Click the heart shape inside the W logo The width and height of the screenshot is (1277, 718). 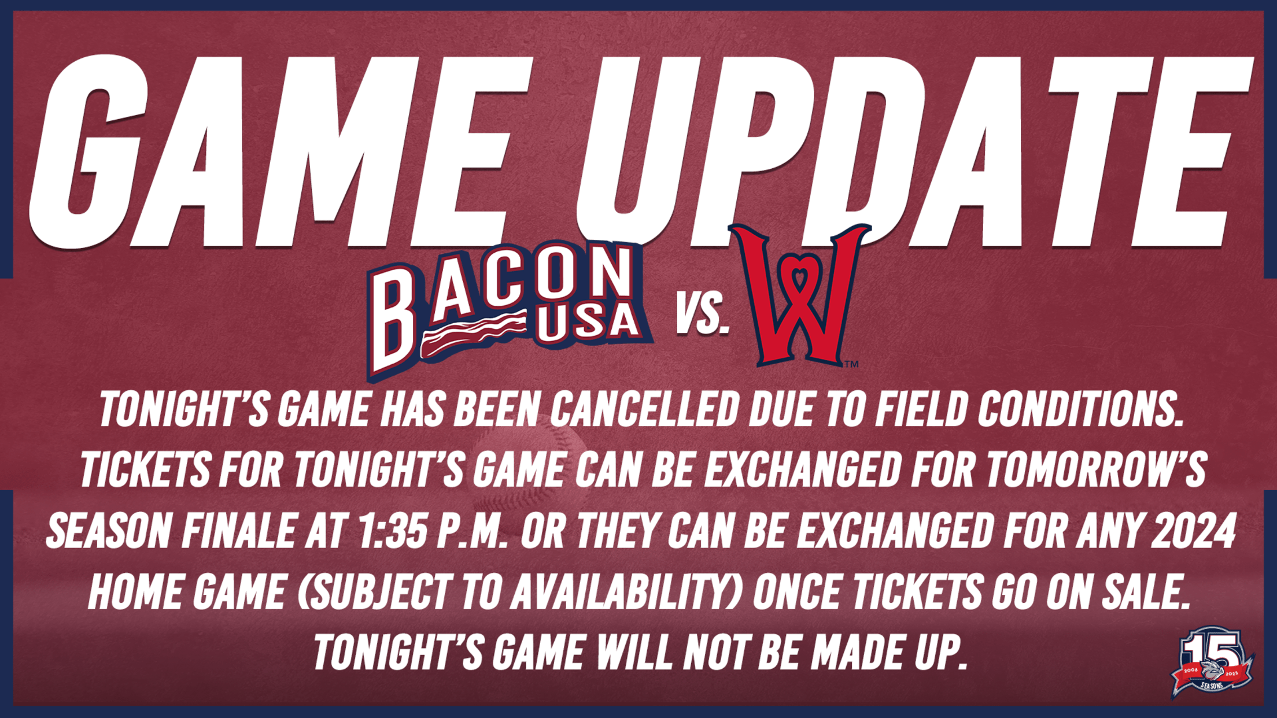800,276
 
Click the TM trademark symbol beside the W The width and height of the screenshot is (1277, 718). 851,364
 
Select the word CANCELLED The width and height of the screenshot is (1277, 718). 644,409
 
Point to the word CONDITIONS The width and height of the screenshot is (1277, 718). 1079,409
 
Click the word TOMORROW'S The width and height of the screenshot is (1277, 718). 1096,469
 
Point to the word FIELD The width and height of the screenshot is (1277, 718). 921,409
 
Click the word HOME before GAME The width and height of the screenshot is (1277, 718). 135,592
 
